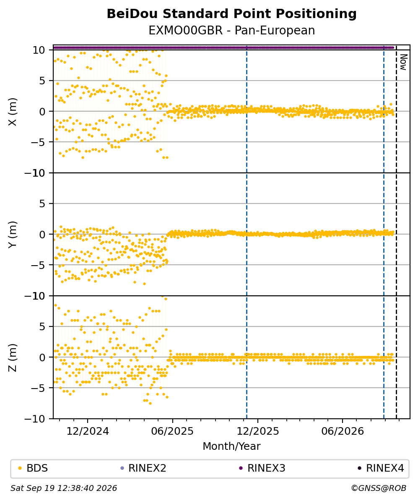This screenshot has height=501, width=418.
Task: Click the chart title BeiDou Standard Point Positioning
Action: tap(231, 14)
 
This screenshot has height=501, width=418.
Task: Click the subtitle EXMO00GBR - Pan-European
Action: tap(231, 30)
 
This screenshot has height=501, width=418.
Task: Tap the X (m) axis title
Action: tap(13, 112)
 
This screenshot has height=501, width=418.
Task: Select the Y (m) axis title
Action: tap(13, 234)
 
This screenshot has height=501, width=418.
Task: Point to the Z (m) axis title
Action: tap(13, 357)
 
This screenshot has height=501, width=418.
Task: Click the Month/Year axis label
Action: tap(231, 446)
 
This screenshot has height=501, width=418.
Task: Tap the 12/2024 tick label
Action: tap(88, 431)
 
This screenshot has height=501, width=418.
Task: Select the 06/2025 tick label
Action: tap(172, 431)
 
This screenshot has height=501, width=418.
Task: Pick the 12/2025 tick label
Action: tap(258, 431)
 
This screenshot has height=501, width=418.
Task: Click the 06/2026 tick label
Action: tap(343, 431)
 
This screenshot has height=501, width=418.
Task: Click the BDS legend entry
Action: tap(33, 468)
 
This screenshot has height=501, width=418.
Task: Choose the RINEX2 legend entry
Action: tap(143, 468)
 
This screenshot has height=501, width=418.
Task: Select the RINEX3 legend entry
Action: tap(262, 468)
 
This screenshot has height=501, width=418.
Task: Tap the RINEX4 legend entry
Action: tap(381, 468)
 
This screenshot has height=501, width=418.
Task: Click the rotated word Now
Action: tap(404, 62)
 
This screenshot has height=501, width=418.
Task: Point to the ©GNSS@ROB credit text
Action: tap(379, 488)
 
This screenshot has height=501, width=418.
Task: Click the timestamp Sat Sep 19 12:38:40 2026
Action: tap(64, 488)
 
